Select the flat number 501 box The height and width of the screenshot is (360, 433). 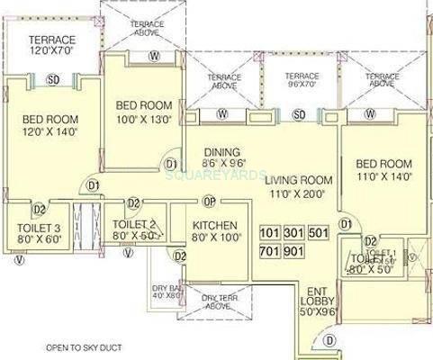pyautogui.click(x=318, y=233)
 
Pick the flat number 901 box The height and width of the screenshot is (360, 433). pyautogui.click(x=294, y=251)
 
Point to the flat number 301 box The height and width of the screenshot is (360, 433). pyautogui.click(x=294, y=233)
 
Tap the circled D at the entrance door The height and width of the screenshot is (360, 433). pyautogui.click(x=329, y=339)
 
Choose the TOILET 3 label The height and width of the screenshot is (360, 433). pyautogui.click(x=32, y=228)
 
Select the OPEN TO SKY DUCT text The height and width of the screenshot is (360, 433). pyautogui.click(x=60, y=346)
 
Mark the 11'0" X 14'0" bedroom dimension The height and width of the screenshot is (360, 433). pyautogui.click(x=383, y=178)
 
